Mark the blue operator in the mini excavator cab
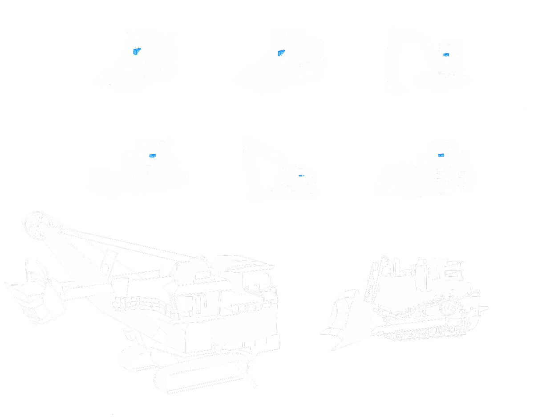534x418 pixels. pos(445,55)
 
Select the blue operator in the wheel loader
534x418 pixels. pos(441,154)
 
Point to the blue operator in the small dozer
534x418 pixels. pos(153,155)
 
